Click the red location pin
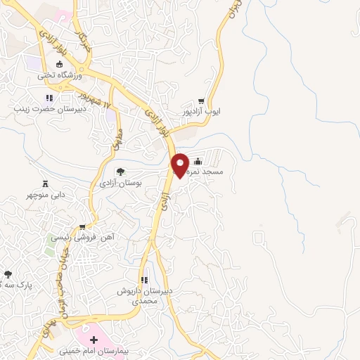coord(180,165)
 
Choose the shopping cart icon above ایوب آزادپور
coord(202,101)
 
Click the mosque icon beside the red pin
coord(198,160)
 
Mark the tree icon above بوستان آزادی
coord(120,171)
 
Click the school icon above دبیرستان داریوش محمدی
coord(144,281)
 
